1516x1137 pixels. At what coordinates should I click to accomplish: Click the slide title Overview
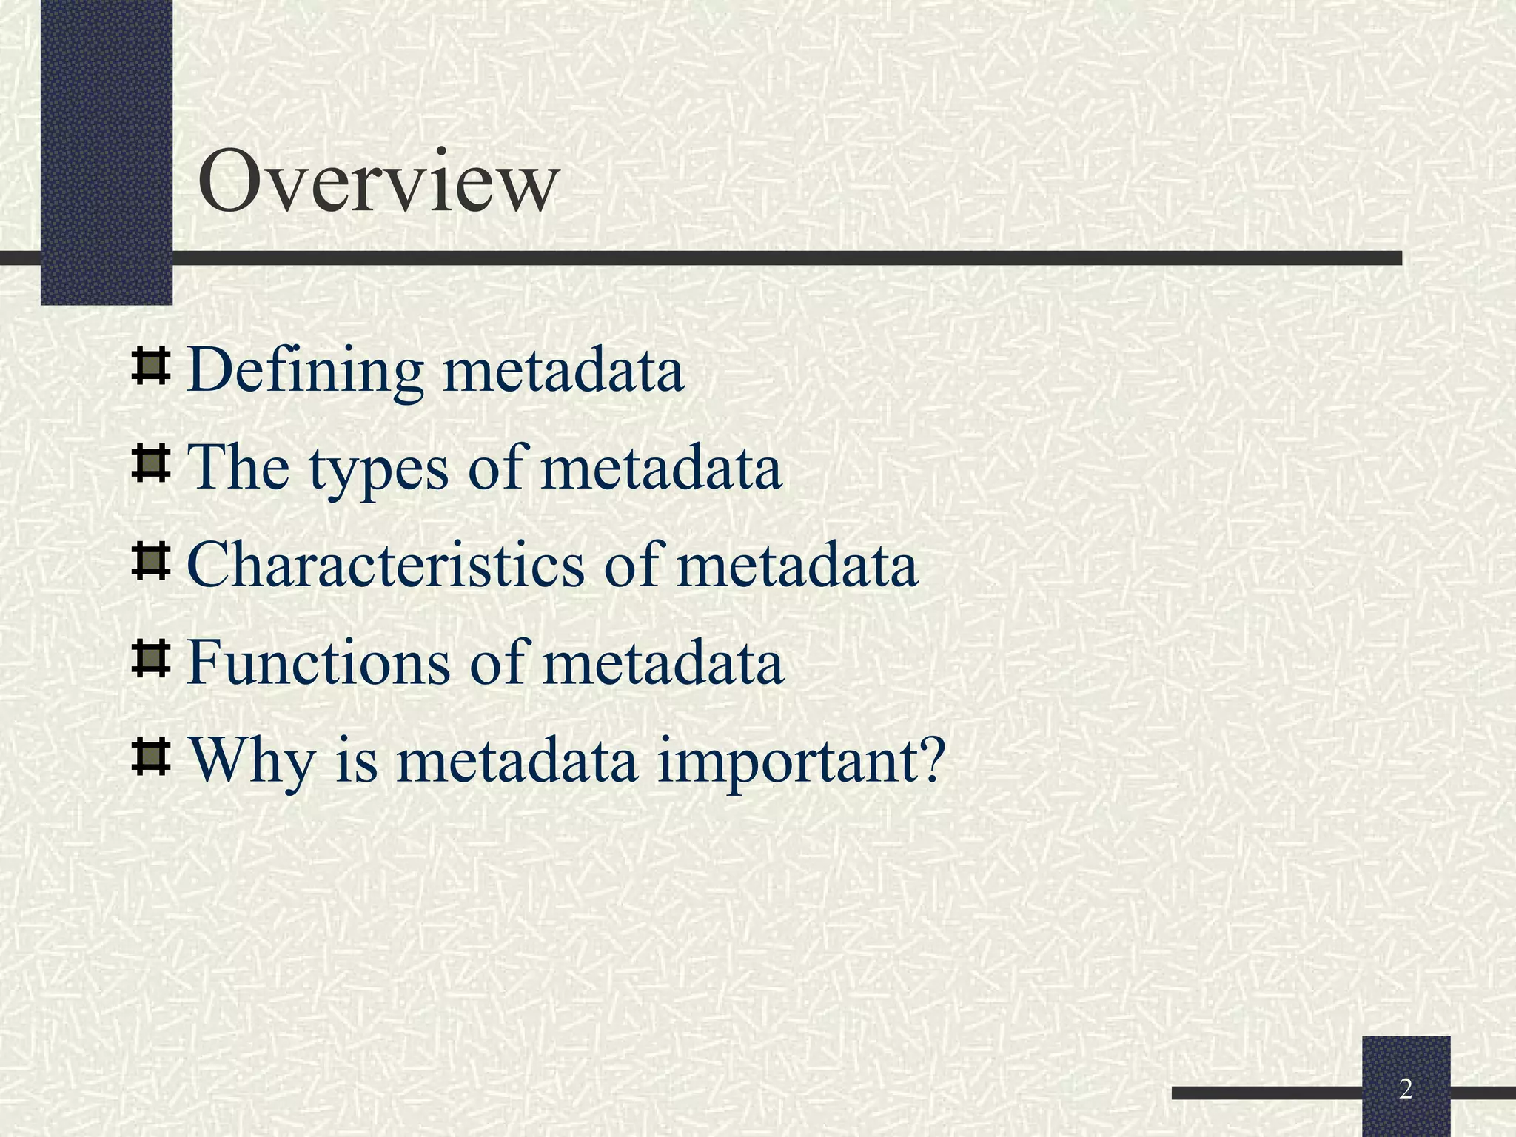[378, 181]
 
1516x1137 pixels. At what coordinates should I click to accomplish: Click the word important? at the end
[802, 762]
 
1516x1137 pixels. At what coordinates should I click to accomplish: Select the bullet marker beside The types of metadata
[151, 465]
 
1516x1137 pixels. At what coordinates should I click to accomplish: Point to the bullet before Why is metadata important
[151, 756]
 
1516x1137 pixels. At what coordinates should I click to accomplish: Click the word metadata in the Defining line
[563, 370]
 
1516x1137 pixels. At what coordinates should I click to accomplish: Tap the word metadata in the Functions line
[663, 662]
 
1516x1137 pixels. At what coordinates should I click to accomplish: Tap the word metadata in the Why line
[517, 760]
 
